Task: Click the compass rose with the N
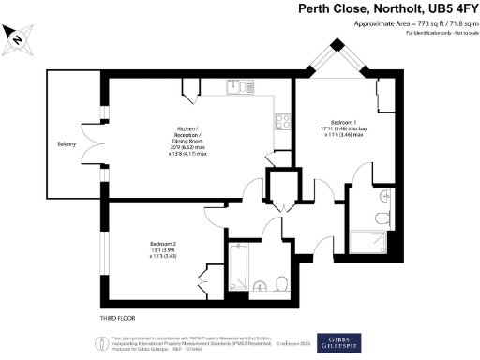coord(20,38)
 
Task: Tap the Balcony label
coord(66,143)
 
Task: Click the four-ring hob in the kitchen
coord(279,120)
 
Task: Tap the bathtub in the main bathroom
coord(239,268)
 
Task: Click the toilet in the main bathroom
coord(281,284)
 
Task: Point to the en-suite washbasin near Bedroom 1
coord(388,198)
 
